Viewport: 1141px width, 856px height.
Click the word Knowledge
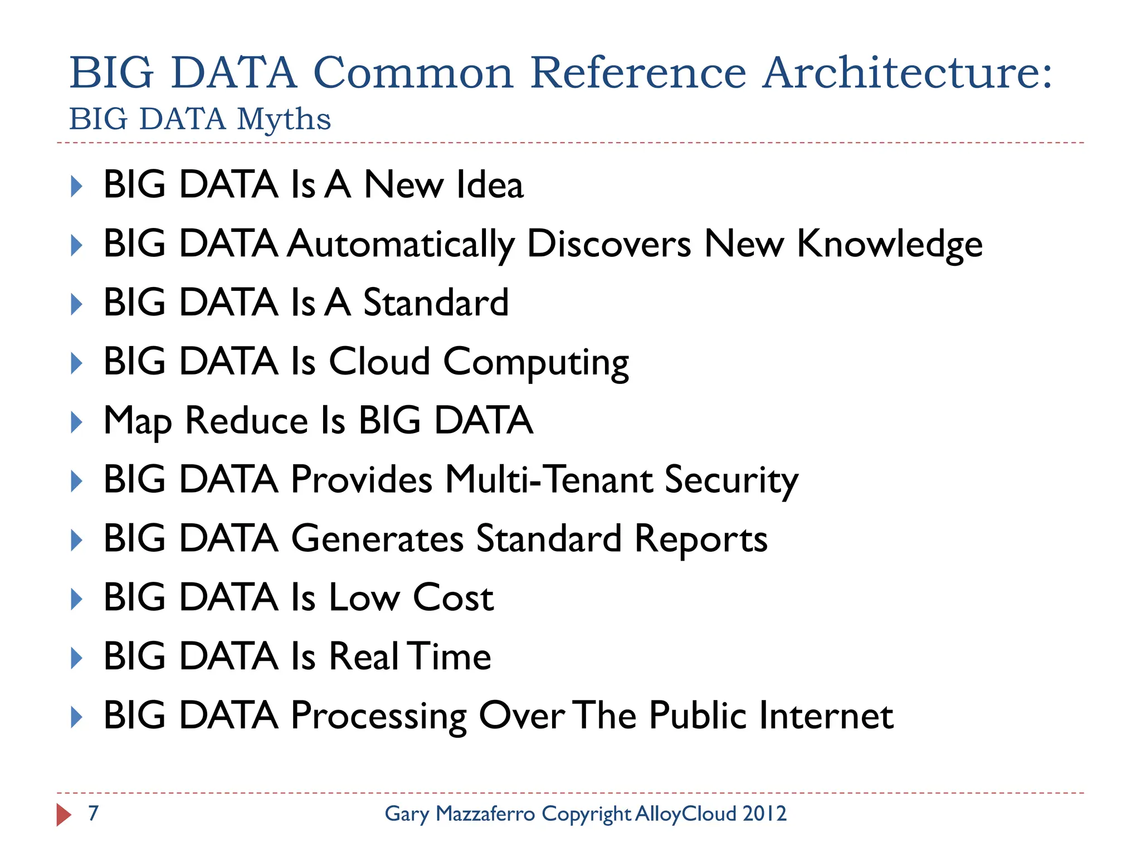(890, 245)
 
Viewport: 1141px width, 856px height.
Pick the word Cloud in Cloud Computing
(379, 362)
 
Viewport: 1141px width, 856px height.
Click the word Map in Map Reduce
(137, 421)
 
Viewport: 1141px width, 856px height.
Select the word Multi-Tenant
(549, 480)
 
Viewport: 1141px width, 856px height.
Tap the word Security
(732, 481)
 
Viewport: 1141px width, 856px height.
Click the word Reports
(701, 539)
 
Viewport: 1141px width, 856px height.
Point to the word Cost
(453, 598)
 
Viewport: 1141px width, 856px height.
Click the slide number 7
(94, 814)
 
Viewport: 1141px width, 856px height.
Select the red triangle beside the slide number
(64, 815)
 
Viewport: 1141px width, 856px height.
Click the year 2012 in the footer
(764, 814)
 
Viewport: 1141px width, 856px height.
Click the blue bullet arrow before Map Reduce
(77, 422)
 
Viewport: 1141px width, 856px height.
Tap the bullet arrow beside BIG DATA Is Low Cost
(77, 599)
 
